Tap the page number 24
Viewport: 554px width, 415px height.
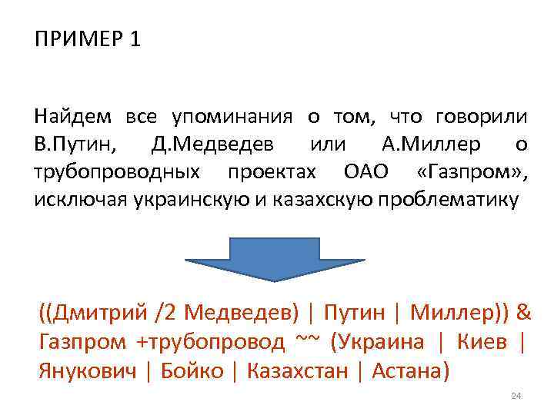[x=516, y=396]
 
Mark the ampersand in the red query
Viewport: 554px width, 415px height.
[x=523, y=314]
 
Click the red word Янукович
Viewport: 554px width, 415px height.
[x=86, y=371]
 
